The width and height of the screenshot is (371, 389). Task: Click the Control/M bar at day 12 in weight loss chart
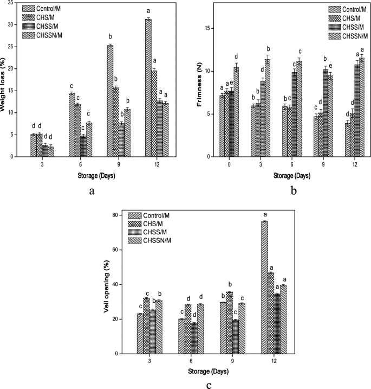point(148,88)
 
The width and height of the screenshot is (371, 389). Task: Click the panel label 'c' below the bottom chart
point(209,385)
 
